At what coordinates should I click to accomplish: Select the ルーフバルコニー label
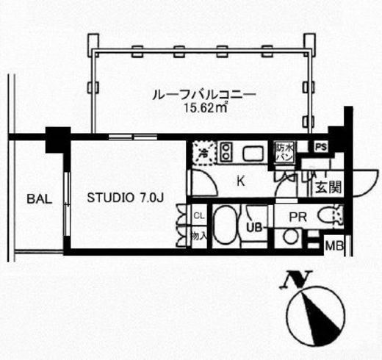(203, 95)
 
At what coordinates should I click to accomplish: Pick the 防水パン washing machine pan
(286, 152)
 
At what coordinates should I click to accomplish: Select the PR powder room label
(298, 216)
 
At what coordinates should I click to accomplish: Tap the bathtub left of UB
(225, 228)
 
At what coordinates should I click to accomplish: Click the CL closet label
(198, 215)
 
